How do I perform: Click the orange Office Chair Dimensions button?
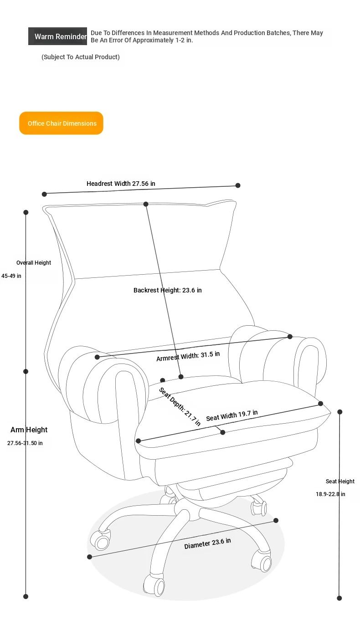61,123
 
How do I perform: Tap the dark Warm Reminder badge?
57,36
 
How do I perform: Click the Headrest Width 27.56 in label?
121,184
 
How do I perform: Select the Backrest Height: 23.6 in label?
168,290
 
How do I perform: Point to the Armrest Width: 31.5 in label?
188,356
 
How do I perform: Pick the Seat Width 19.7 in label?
232,415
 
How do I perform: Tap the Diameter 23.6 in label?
207,543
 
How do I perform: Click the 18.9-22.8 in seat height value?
330,494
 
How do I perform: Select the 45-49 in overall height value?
11,276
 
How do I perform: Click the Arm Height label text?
29,430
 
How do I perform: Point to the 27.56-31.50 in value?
25,443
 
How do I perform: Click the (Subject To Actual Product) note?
81,57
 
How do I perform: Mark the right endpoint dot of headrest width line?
237,185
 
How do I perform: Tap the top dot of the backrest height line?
146,204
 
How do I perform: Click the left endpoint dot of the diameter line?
89,557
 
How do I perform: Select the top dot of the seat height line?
340,412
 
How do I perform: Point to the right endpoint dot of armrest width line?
290,337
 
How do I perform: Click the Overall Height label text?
34,263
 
